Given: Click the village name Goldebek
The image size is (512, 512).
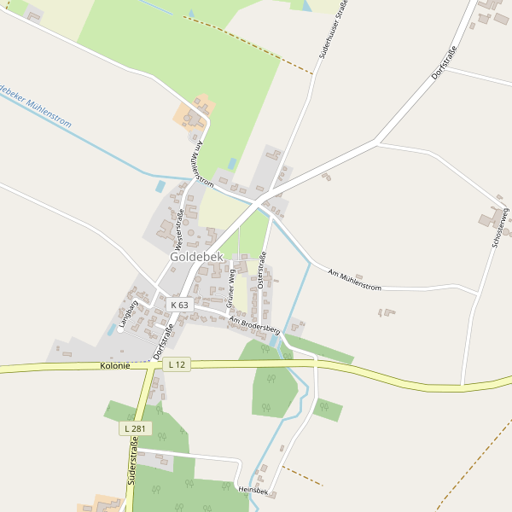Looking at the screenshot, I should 196,256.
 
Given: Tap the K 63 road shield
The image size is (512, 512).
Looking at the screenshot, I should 179,305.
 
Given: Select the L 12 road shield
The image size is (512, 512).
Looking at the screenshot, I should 177,364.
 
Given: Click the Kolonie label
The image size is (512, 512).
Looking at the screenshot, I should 115,365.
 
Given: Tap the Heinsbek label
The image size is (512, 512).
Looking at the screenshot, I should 253,491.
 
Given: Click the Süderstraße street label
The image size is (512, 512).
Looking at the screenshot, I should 133,462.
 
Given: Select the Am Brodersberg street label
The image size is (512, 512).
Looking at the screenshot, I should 255,323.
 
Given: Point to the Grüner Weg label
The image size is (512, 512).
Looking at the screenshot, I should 230,287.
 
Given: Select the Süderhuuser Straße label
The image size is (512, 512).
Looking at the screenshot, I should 334,29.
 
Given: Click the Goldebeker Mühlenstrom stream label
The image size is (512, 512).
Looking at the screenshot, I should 34,104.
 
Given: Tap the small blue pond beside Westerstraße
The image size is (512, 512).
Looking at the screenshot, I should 160,185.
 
